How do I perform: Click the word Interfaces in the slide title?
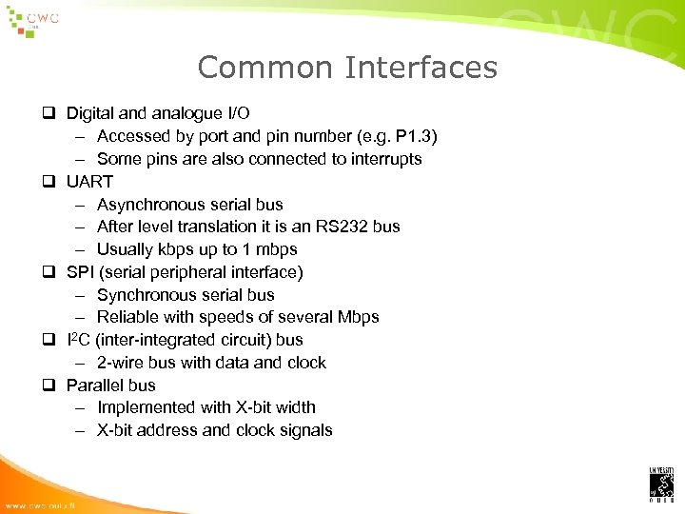421,68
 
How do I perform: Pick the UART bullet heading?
89,181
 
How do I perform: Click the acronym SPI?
80,272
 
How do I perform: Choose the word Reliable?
127,317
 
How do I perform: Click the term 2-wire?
118,363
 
